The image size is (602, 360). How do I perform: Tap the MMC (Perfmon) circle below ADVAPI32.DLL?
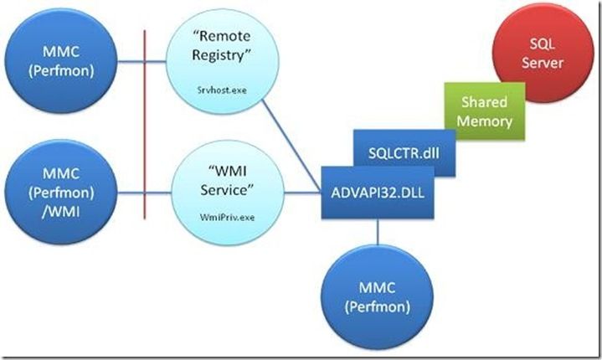pyautogui.click(x=376, y=297)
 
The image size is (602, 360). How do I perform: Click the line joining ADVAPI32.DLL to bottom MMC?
pyautogui.click(x=377, y=238)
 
